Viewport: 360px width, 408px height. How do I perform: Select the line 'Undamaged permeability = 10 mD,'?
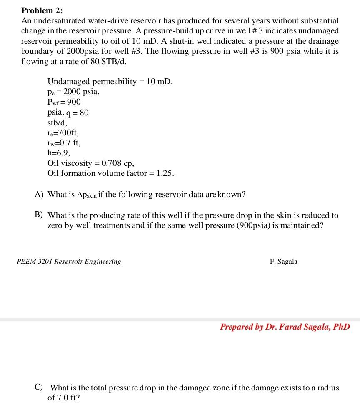coord(110,82)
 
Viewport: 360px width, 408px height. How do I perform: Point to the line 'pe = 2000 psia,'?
coord(73,92)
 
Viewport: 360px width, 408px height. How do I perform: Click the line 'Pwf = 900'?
coord(64,102)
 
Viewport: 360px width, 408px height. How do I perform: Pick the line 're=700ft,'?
coord(63,133)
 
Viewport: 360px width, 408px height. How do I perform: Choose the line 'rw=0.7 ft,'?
coord(64,143)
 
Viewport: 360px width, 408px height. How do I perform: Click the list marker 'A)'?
coord(39,195)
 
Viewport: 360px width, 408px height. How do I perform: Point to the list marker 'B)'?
coord(39,215)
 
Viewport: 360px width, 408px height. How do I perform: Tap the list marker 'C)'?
coord(39,388)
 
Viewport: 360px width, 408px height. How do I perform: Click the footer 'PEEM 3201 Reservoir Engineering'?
coord(69,262)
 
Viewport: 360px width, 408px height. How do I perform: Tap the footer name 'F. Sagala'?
coord(284,262)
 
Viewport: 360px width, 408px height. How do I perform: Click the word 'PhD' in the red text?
coord(341,327)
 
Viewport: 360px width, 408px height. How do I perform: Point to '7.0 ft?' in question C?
coord(68,398)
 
